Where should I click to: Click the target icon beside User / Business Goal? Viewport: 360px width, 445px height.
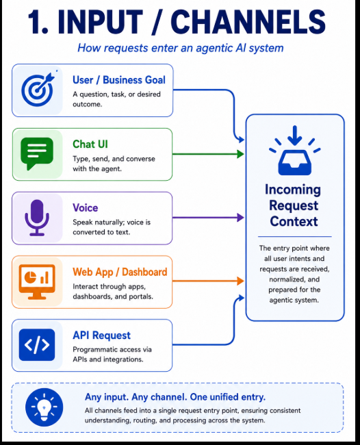[38, 90]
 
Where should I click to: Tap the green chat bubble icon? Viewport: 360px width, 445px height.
[37, 153]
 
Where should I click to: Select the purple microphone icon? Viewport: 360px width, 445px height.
[37, 218]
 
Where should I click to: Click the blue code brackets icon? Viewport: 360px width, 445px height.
[37, 345]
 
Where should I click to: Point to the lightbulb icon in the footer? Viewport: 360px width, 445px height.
[44, 407]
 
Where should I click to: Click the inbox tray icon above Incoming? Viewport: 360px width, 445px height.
[295, 151]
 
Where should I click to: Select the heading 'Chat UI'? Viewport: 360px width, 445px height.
[90, 144]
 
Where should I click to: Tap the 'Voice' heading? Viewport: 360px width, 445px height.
[86, 207]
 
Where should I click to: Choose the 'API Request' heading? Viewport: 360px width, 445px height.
[101, 335]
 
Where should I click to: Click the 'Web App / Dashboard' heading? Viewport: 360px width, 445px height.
[120, 272]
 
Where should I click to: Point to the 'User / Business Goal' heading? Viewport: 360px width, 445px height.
[119, 80]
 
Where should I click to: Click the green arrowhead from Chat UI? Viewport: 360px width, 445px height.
[240, 154]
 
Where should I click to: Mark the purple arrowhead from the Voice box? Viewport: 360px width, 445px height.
[240, 218]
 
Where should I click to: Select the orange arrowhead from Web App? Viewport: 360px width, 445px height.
[240, 281]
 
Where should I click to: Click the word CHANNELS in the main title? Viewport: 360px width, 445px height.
[248, 22]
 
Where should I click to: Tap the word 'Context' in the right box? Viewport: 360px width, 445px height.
[294, 221]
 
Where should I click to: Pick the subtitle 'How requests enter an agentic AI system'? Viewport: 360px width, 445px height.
[181, 48]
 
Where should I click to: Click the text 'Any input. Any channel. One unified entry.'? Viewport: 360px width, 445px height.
[175, 397]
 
